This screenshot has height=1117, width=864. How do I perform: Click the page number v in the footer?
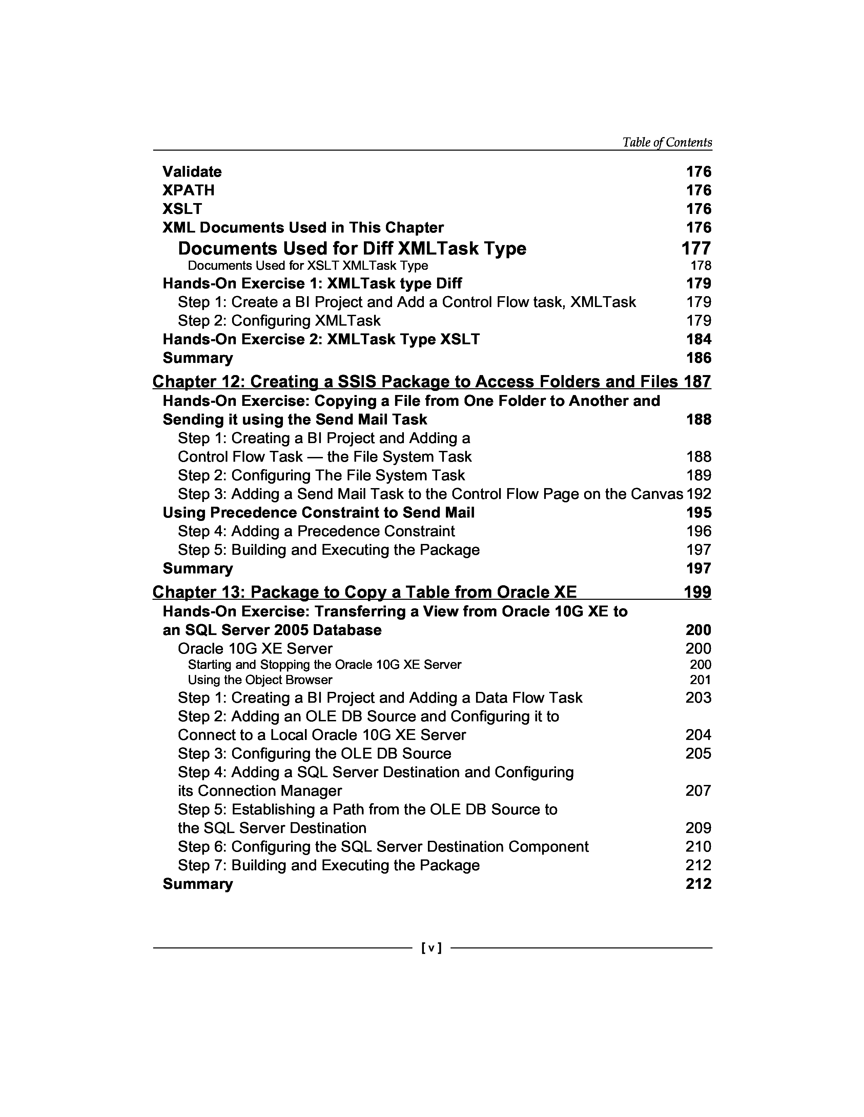(x=431, y=948)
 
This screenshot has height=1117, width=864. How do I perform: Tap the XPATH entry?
(x=188, y=190)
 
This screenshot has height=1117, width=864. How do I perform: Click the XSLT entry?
(x=182, y=209)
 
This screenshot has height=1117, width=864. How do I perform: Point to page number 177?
(x=696, y=248)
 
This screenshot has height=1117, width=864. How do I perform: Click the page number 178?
(x=701, y=265)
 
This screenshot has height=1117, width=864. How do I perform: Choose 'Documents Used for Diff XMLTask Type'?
(x=352, y=248)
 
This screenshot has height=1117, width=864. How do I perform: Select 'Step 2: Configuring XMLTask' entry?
(x=279, y=321)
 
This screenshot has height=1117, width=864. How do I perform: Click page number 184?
(x=699, y=339)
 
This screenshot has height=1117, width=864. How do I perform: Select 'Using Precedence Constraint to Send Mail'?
(x=318, y=512)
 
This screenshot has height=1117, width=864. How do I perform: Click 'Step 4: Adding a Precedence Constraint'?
(x=316, y=531)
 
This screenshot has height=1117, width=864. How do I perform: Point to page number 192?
(x=699, y=494)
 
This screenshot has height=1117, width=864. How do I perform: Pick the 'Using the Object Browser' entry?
(x=260, y=680)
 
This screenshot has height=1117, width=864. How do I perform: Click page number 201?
(x=701, y=680)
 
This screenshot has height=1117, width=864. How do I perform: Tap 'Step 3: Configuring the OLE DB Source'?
(x=314, y=753)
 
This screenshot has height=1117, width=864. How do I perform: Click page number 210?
(x=699, y=847)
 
